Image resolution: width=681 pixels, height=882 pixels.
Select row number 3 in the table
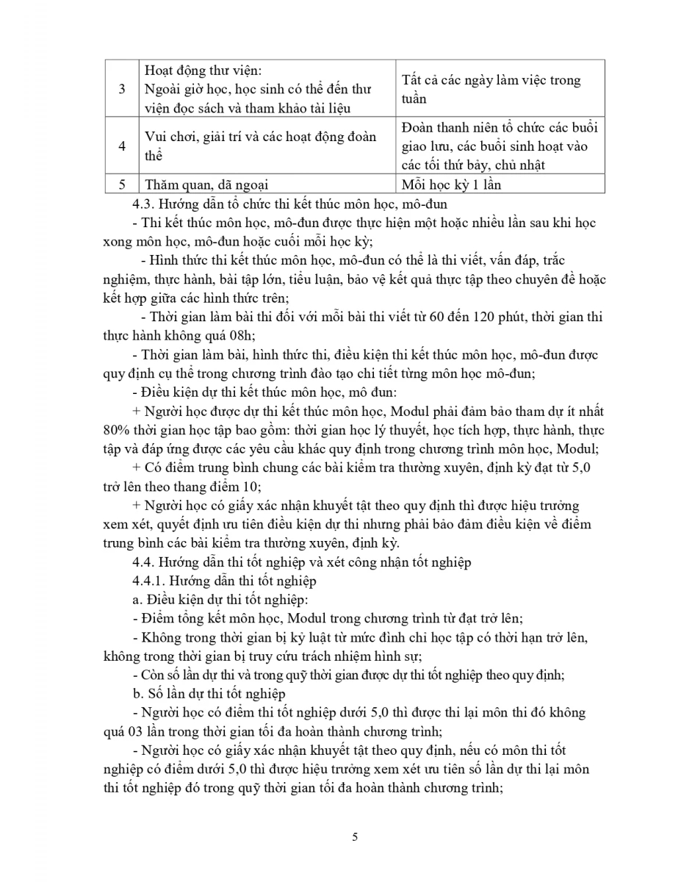122,89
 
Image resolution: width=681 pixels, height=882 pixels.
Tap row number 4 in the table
122,146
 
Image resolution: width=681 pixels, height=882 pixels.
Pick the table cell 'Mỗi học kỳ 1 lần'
451,184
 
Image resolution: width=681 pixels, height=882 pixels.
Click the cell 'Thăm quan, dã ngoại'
201,184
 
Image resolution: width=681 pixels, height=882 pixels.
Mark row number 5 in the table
122,184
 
